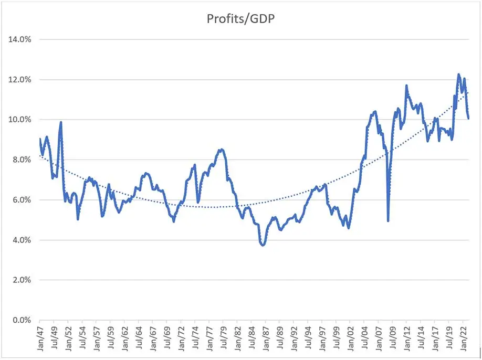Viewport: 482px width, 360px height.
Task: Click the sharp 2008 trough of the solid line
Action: click(x=388, y=221)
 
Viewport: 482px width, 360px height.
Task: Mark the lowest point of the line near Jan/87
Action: click(x=263, y=245)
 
